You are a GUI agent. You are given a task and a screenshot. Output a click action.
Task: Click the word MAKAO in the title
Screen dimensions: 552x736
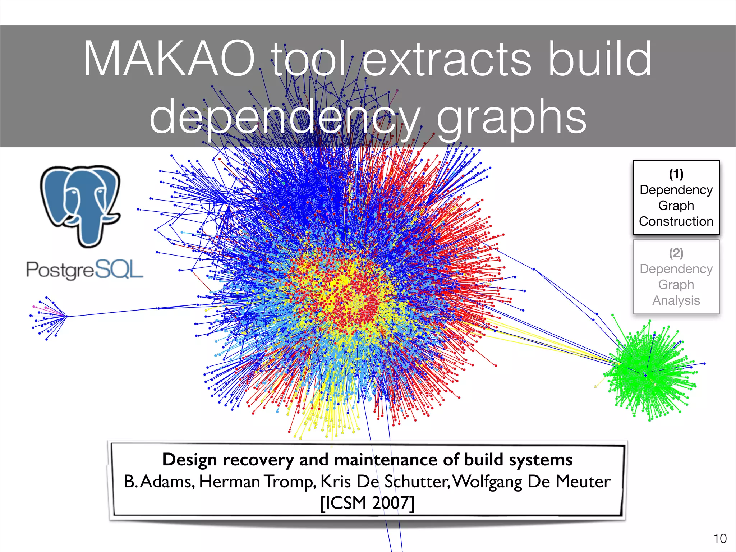click(169, 59)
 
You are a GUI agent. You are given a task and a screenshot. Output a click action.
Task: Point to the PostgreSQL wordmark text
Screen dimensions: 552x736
click(85, 270)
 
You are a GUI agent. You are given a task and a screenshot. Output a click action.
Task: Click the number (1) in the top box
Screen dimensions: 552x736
click(676, 174)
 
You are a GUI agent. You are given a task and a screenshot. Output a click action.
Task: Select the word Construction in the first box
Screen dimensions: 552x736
click(676, 221)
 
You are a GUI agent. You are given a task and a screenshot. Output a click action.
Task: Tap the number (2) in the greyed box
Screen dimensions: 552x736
click(676, 253)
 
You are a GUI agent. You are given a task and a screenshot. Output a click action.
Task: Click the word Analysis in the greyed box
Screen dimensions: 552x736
click(676, 300)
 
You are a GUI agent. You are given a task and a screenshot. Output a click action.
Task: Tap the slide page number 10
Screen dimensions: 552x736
click(720, 539)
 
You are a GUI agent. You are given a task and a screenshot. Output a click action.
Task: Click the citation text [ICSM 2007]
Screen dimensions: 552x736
click(367, 503)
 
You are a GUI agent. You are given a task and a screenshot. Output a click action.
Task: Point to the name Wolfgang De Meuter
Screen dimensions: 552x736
click(531, 482)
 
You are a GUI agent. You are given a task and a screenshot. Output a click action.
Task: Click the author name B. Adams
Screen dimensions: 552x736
click(159, 482)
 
